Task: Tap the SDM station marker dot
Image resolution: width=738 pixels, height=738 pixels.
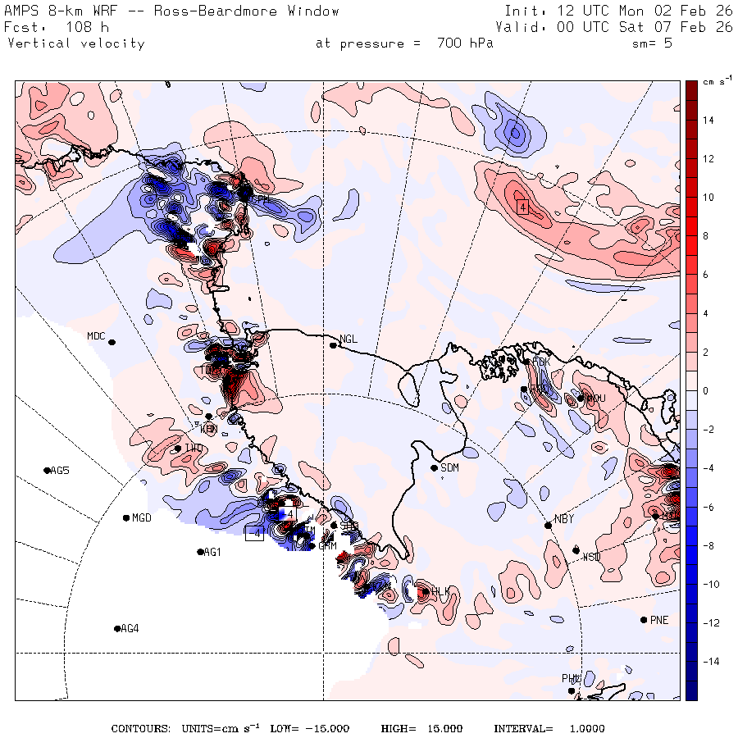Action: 434,468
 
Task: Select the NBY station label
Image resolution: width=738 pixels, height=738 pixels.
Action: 563,518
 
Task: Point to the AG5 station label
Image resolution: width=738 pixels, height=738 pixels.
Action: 60,471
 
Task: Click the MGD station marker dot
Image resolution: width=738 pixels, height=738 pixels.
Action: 125,517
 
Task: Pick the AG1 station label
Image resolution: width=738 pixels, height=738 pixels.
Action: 212,553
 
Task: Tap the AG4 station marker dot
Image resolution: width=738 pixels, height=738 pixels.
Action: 117,629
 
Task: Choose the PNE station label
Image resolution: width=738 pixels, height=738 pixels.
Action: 659,620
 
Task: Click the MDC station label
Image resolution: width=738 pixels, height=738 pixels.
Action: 97,336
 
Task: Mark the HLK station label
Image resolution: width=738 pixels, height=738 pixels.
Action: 441,591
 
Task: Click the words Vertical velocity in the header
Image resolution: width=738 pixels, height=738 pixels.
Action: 75,43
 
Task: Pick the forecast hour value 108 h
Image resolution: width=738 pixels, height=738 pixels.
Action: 80,27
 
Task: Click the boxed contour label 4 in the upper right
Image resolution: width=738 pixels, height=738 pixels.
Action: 522,207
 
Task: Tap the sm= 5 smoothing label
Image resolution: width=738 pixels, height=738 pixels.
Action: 653,43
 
